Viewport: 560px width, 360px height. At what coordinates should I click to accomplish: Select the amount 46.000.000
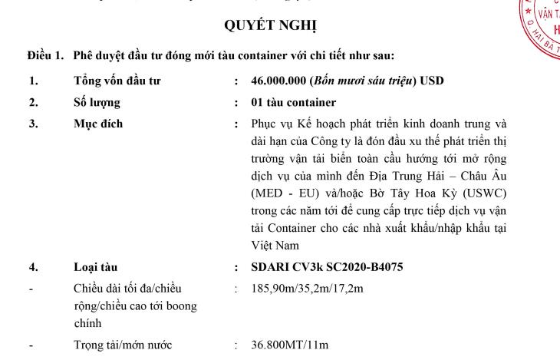click(x=278, y=80)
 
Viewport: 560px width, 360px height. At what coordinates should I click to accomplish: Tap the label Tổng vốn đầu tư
click(x=117, y=80)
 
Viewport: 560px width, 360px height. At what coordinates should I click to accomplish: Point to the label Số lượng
click(x=97, y=101)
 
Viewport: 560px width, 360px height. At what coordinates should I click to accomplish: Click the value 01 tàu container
click(x=294, y=101)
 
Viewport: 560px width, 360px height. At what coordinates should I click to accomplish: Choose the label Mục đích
click(x=97, y=123)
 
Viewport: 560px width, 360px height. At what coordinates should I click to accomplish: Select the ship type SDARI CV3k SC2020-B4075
click(x=327, y=267)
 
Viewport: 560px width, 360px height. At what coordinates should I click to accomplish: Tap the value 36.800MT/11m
click(x=290, y=345)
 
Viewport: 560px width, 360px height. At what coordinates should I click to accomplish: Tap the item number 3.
click(x=31, y=123)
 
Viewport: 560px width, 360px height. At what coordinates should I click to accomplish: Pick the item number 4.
click(x=31, y=267)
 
